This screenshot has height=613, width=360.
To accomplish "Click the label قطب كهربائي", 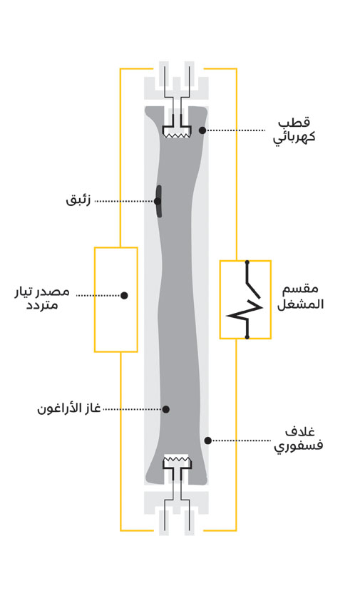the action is (x=294, y=130).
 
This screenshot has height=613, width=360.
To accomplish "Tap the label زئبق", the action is (x=78, y=200).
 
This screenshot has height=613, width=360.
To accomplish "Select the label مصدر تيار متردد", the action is (x=42, y=298).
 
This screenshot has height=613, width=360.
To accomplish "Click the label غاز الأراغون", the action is (x=69, y=409).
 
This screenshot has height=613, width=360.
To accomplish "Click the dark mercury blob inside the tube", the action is (x=158, y=201).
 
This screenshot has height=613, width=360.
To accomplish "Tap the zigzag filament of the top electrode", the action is (x=177, y=135).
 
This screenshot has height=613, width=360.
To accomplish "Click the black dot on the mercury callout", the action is (x=157, y=201).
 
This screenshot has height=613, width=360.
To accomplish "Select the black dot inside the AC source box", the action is (x=124, y=296).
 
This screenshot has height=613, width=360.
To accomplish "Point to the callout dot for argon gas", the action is (x=165, y=409).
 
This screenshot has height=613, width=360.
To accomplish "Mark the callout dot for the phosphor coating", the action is (x=208, y=441).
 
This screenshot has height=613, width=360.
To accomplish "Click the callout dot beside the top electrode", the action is (x=202, y=130).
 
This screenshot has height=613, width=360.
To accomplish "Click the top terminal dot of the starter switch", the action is (x=247, y=261).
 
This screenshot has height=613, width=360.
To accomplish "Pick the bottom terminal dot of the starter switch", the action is (x=247, y=336).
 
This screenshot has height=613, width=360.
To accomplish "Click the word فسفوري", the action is (x=298, y=445).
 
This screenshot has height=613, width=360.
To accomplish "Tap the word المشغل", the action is (x=300, y=304).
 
